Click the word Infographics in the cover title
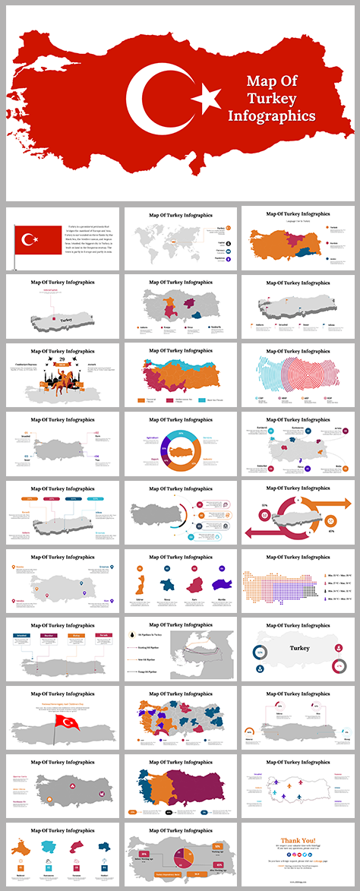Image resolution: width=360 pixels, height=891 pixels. (271, 116)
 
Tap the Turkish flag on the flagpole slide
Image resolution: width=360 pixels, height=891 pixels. (38, 240)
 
